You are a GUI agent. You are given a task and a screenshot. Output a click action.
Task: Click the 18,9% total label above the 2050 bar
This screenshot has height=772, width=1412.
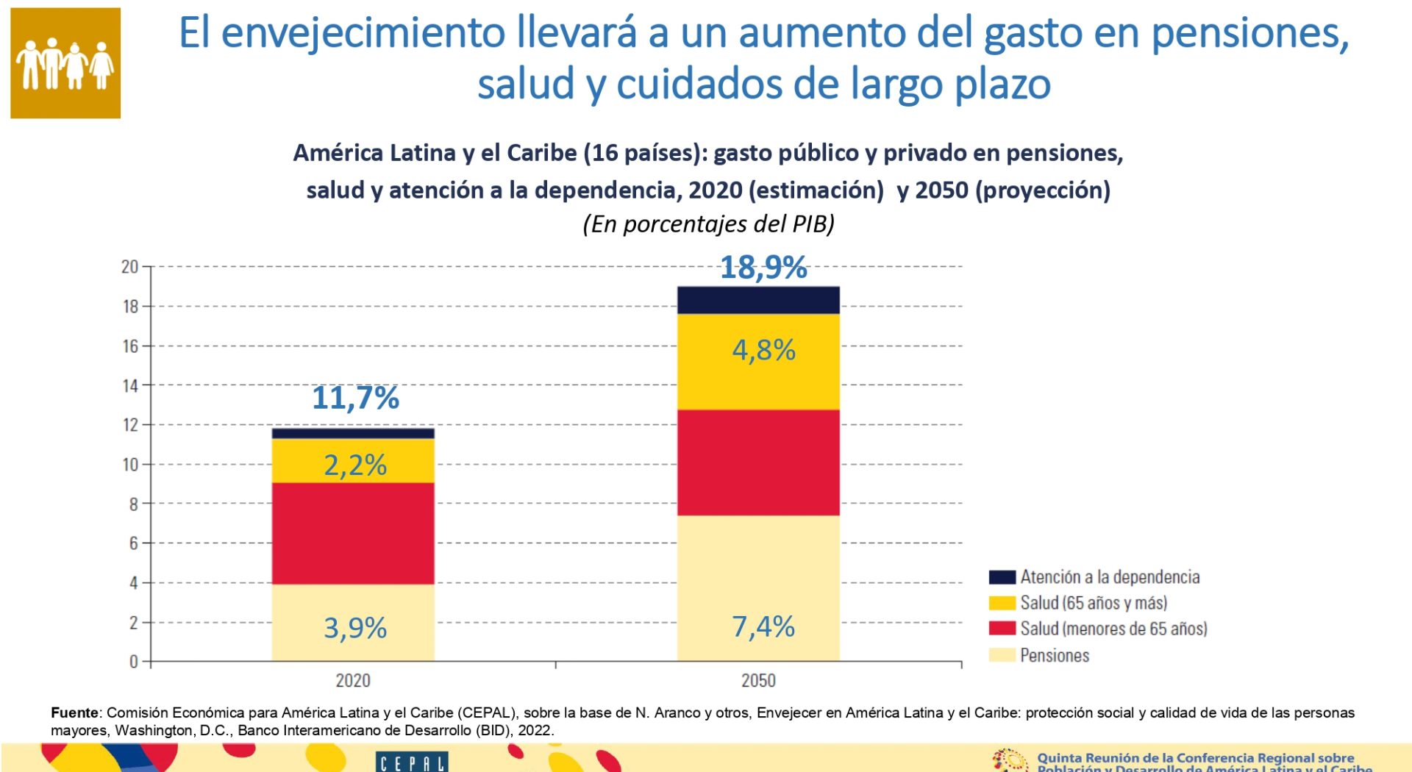click(x=763, y=268)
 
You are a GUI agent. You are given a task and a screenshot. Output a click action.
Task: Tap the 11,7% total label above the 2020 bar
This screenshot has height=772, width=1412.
click(x=355, y=398)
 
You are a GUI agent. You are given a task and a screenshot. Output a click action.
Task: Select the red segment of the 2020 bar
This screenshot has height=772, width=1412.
click(x=353, y=533)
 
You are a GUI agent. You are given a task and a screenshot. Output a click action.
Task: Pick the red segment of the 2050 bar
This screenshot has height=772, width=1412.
click(x=758, y=462)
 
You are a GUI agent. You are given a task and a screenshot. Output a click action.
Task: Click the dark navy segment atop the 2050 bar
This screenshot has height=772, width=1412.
click(x=758, y=300)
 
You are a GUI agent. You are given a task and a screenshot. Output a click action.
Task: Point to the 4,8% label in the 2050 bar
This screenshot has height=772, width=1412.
click(x=763, y=350)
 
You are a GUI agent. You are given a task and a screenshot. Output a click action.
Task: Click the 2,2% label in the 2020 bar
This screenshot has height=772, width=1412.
click(x=355, y=465)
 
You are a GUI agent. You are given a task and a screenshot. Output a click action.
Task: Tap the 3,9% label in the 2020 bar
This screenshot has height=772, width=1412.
click(x=355, y=628)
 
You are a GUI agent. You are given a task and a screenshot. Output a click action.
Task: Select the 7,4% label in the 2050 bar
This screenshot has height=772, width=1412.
click(x=763, y=627)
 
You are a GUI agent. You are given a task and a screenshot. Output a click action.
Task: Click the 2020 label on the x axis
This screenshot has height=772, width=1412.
click(x=353, y=680)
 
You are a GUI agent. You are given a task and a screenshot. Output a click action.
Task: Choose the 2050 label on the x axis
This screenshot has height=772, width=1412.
click(x=758, y=680)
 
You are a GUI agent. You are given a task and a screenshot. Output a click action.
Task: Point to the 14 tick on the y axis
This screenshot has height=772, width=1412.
click(x=130, y=385)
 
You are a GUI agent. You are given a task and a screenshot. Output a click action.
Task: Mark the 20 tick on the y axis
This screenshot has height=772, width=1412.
click(x=130, y=267)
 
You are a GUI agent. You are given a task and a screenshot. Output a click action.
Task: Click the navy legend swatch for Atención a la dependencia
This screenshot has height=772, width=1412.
click(x=1002, y=577)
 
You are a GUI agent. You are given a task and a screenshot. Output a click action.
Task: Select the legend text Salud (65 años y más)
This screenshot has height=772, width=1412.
click(x=1094, y=603)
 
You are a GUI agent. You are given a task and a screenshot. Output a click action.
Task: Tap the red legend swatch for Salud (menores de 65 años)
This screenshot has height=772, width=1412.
click(x=1002, y=629)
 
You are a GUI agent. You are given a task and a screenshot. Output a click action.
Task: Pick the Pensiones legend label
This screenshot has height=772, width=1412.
click(x=1055, y=655)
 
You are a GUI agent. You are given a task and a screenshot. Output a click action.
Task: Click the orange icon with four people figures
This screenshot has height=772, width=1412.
click(x=65, y=63)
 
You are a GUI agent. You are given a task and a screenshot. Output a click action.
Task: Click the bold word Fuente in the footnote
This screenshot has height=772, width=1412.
click(x=74, y=712)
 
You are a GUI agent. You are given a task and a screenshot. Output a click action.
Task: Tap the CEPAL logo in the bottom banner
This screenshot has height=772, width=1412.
click(x=412, y=762)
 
